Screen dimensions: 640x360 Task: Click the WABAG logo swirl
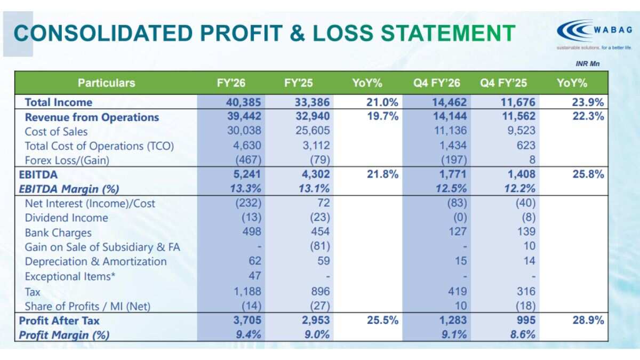[574, 30]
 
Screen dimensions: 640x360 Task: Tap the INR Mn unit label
[587, 63]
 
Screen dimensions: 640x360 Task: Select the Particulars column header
[106, 83]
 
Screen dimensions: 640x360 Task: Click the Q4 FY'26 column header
[437, 83]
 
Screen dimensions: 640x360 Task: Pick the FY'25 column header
[298, 83]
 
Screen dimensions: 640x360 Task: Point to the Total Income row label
[59, 102]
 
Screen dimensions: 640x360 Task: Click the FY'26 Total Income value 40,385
[243, 102]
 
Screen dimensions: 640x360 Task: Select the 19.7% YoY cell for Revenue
[382, 116]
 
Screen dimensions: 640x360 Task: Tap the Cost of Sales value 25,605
[313, 131]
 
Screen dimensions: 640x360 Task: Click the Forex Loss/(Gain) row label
[67, 161]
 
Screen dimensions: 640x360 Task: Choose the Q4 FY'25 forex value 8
[532, 159]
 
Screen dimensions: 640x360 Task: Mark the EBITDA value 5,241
[247, 174]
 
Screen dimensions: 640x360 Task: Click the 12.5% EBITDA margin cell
[451, 189]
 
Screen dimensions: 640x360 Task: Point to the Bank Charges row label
[58, 233]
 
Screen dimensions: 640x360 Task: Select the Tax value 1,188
[247, 291]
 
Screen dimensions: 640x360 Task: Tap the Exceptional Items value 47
[255, 276]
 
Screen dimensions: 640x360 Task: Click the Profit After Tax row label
[59, 321]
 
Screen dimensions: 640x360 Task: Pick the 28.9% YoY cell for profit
[588, 321]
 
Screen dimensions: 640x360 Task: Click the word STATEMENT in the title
[449, 33]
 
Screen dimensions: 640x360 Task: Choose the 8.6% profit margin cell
[523, 334]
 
